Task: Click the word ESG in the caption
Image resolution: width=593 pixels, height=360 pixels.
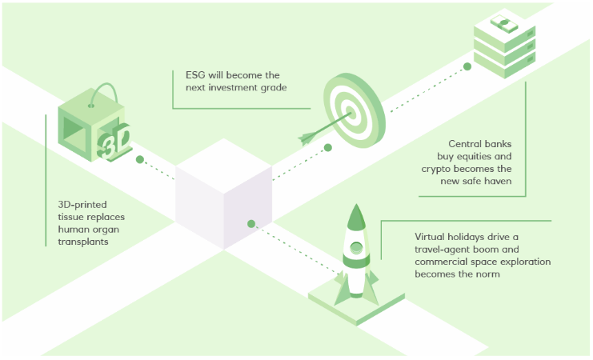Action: click(185, 75)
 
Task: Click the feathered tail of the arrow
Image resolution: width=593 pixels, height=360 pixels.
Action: click(307, 139)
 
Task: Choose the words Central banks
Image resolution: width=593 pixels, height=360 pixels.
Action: click(479, 144)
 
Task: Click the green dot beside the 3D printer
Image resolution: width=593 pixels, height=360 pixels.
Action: click(140, 160)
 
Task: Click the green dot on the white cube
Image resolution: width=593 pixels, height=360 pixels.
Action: click(252, 224)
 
